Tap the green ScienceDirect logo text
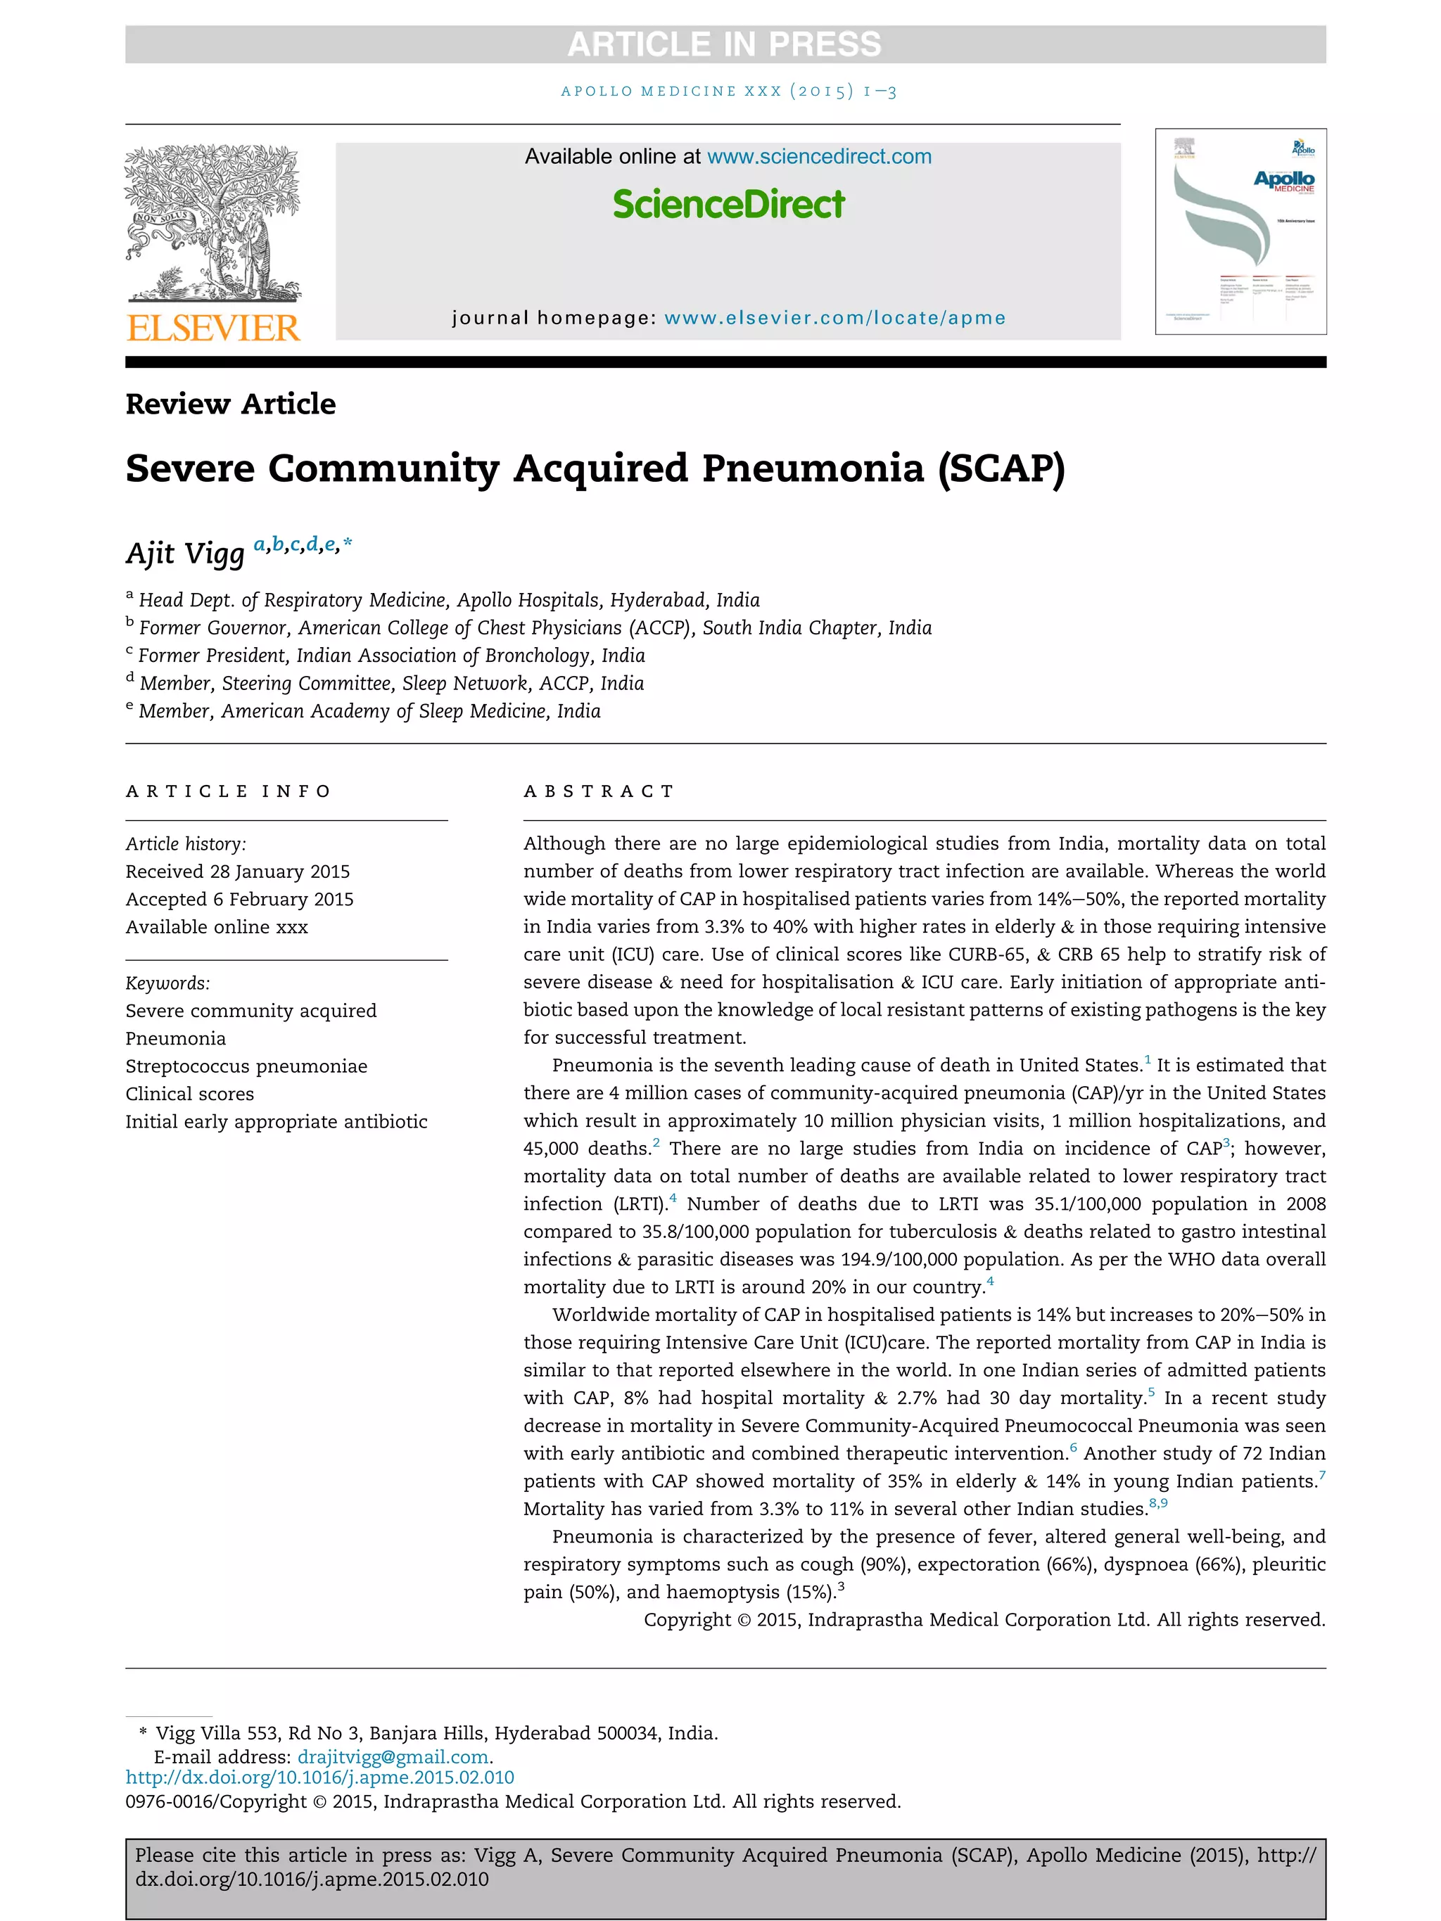point(728,205)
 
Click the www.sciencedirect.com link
point(818,157)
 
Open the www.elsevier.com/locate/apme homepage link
point(834,318)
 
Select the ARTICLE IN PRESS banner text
point(725,44)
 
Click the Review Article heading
point(230,404)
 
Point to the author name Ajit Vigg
point(185,553)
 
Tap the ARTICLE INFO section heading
point(229,791)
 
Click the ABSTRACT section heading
point(599,791)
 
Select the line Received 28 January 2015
point(237,872)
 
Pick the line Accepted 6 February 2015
point(239,900)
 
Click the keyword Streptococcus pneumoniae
point(246,1066)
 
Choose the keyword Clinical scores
point(189,1094)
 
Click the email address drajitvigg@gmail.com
point(393,1757)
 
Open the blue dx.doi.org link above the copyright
point(319,1778)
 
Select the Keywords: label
point(167,983)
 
